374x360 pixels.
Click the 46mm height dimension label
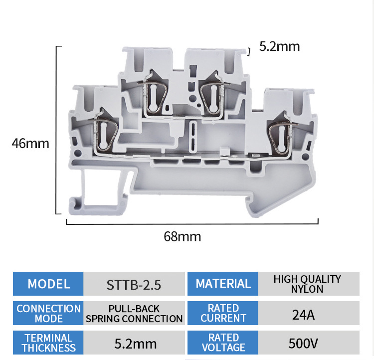coord(30,144)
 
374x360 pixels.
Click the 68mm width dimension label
coord(183,236)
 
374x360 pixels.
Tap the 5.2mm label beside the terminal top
coord(280,47)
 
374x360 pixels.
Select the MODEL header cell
coord(48,284)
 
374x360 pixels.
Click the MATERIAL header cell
coord(223,284)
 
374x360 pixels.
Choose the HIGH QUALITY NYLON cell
coord(307,284)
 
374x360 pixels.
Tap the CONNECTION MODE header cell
coord(48,313)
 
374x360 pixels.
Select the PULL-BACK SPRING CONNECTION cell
coord(134,314)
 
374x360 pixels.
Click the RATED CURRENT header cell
coord(223,313)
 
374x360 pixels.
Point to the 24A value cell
coord(307,314)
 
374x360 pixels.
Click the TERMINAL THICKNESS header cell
coord(48,343)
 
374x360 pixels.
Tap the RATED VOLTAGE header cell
coord(223,343)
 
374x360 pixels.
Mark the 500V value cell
coord(307,344)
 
